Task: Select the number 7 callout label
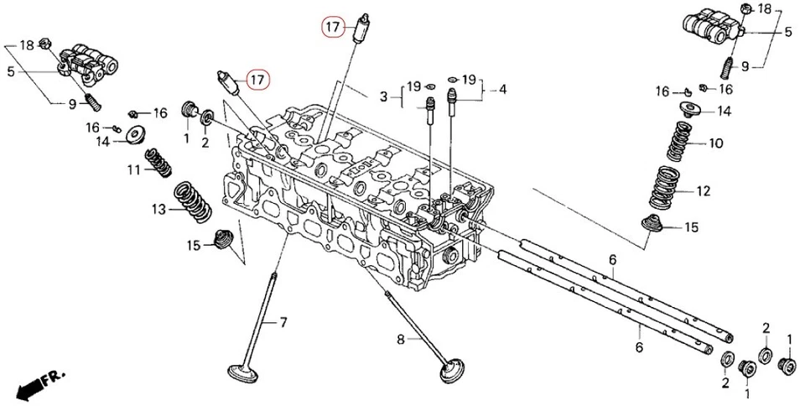point(283,322)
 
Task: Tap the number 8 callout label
point(401,339)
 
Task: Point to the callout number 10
point(715,143)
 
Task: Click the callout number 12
point(703,191)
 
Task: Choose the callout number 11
point(132,170)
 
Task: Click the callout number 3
point(383,97)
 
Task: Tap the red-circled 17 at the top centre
point(333,28)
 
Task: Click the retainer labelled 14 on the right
point(689,110)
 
